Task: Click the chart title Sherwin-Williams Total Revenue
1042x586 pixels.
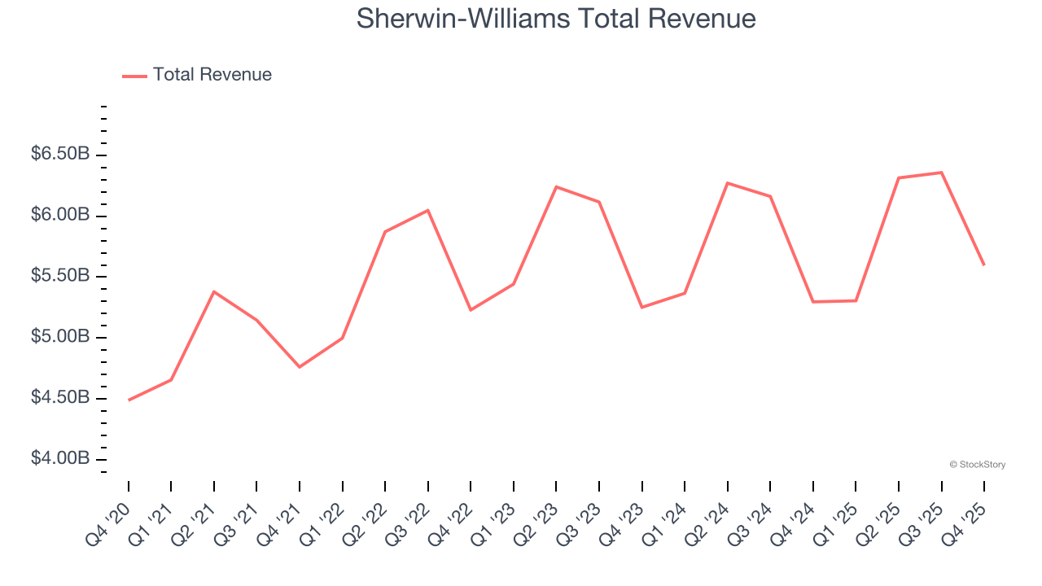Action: pyautogui.click(x=556, y=19)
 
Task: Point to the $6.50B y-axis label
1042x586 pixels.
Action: pyautogui.click(x=60, y=155)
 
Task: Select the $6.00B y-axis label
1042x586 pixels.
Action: pyautogui.click(x=60, y=216)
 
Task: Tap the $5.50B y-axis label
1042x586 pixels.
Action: pyautogui.click(x=60, y=277)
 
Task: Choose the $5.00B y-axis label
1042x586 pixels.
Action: pyautogui.click(x=60, y=338)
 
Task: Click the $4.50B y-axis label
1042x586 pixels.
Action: pyautogui.click(x=60, y=399)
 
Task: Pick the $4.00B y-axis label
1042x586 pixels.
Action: pyautogui.click(x=60, y=460)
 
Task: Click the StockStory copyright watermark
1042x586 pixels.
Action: pyautogui.click(x=977, y=465)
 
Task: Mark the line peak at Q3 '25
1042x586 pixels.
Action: pyautogui.click(x=941, y=173)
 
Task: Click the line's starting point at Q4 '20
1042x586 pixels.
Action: pyautogui.click(x=129, y=400)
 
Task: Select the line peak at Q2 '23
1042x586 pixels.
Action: pyautogui.click(x=556, y=186)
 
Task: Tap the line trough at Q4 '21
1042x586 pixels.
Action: pyautogui.click(x=300, y=367)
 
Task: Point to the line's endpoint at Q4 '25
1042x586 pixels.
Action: pyautogui.click(x=984, y=265)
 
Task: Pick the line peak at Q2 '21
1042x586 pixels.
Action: pyautogui.click(x=214, y=291)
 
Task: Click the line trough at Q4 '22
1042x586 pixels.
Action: pyautogui.click(x=471, y=310)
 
